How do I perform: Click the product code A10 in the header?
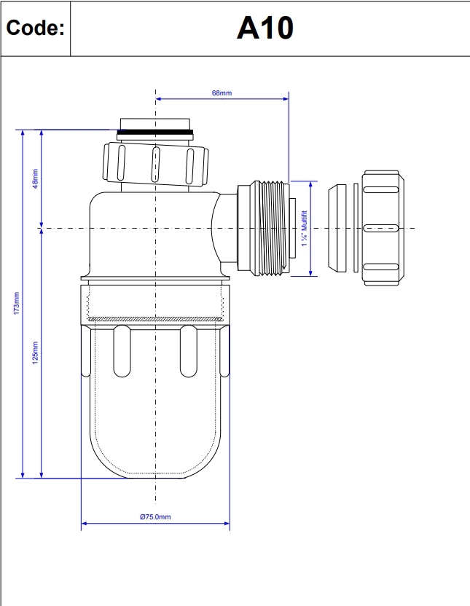coord(265,28)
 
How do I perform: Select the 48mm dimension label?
coord(35,178)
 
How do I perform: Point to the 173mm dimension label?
coord(17,303)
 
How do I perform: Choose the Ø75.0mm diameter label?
coord(154,516)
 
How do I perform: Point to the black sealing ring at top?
coord(155,133)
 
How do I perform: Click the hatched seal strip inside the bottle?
coord(154,318)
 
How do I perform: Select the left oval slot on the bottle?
coord(122,351)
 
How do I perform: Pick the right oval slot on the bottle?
coord(188,351)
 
